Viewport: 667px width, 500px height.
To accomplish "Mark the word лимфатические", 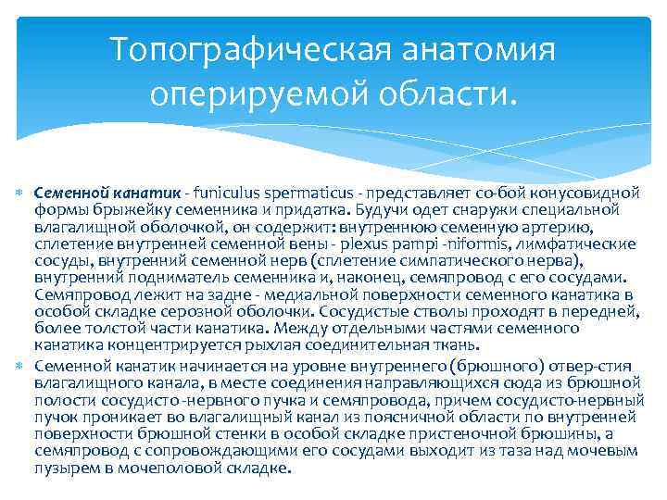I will tap(577, 244).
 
